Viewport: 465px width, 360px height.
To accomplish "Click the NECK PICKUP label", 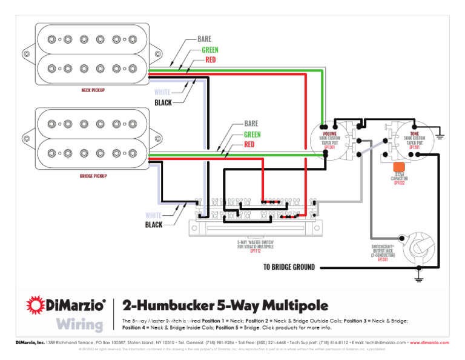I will [x=93, y=90].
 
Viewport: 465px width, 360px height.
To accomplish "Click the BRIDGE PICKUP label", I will [x=94, y=176].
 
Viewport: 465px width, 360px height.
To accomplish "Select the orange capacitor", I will [x=399, y=167].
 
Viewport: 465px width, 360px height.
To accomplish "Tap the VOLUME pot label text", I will [x=330, y=134].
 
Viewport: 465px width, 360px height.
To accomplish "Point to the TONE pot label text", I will [x=415, y=134].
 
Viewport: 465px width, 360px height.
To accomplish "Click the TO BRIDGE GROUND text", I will [x=289, y=267].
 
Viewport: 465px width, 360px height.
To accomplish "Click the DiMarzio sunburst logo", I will [x=36, y=305].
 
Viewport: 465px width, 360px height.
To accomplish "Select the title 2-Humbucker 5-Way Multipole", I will [x=225, y=305].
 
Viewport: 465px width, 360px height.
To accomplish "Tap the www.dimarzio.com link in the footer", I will [x=429, y=342].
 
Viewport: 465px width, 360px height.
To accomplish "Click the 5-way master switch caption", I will [x=256, y=246].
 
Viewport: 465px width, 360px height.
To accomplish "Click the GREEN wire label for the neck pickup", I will [x=210, y=49].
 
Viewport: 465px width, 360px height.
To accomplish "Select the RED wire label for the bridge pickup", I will [x=249, y=145].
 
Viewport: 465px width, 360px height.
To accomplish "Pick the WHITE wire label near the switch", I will [x=154, y=215].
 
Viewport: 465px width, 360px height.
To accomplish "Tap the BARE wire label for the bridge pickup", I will [x=251, y=124].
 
